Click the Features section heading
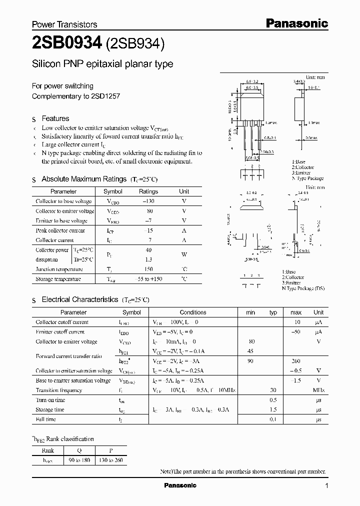tap(55, 118)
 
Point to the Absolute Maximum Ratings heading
tap(84, 179)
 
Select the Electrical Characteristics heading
tap(79, 299)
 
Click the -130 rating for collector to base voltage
tap(148, 201)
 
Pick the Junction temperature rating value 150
tap(148, 269)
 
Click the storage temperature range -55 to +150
tap(148, 279)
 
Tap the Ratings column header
tap(148, 191)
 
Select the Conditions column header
tap(193, 312)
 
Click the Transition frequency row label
tap(58, 390)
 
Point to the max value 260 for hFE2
tap(296, 361)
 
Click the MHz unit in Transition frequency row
tap(319, 390)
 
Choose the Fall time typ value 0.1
tap(272, 419)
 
